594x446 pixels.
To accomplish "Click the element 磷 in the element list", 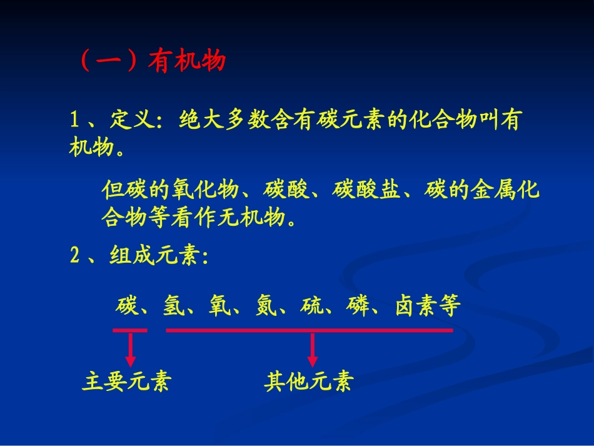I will [x=360, y=305].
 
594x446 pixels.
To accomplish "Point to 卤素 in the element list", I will [x=416, y=305].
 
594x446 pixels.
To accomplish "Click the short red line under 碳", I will [x=130, y=330].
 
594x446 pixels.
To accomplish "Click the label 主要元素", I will [x=126, y=382].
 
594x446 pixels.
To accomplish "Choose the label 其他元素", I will [x=308, y=382].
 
